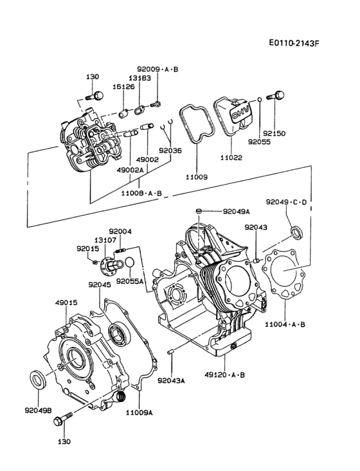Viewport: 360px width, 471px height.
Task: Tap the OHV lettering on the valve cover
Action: coord(240,113)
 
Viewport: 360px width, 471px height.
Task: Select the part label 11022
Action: coord(231,156)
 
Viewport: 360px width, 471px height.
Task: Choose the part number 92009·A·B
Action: coord(157,68)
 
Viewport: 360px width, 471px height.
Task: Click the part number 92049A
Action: coord(237,210)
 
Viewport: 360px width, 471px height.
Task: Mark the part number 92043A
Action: coord(171,380)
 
